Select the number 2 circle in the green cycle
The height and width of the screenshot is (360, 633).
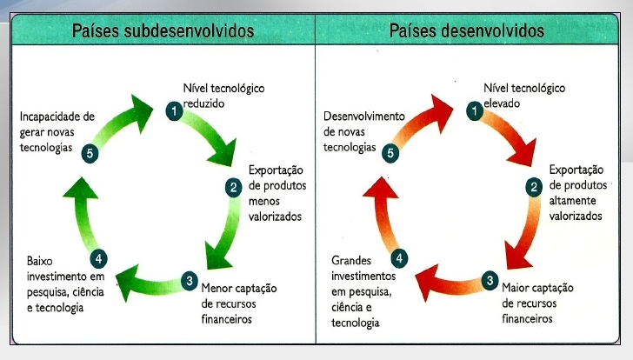[x=233, y=187]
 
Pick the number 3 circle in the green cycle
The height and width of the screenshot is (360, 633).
[x=189, y=281]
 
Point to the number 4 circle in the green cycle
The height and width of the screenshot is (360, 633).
[x=98, y=257]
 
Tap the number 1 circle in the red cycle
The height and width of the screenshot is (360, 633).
[x=474, y=110]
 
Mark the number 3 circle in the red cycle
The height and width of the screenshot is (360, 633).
[x=490, y=281]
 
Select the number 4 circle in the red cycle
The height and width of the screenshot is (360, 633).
[x=399, y=257]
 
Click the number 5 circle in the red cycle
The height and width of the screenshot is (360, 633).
[x=391, y=152]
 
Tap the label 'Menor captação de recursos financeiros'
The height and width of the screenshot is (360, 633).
[x=237, y=303]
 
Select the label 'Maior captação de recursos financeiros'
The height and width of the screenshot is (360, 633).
[x=536, y=303]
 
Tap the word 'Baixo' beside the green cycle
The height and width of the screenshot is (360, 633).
[x=41, y=260]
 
